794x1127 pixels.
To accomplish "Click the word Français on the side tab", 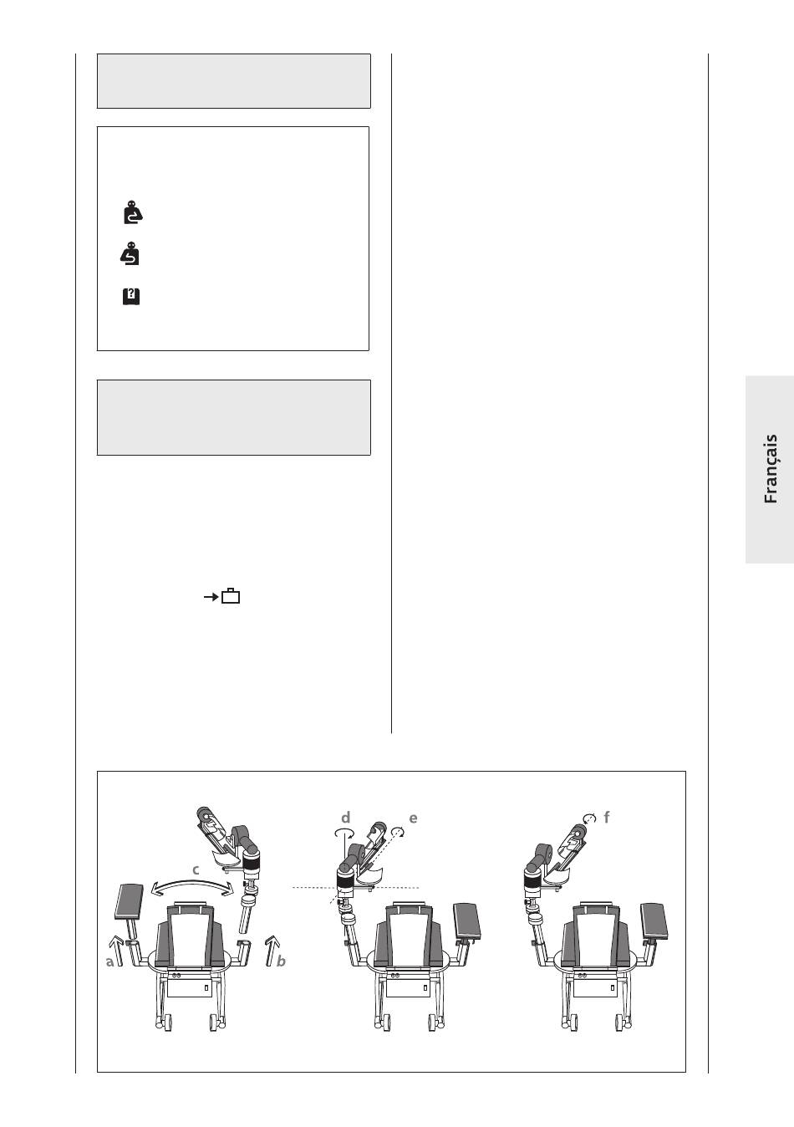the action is [x=771, y=469].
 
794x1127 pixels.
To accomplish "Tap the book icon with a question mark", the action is [x=130, y=296].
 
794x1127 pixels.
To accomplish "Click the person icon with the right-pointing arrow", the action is [x=133, y=212].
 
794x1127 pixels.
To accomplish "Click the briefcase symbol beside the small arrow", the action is [x=232, y=596].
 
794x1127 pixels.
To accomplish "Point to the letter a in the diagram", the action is [x=109, y=962].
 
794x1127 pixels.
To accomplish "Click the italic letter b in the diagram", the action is [x=281, y=961].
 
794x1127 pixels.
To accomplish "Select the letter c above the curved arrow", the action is [x=196, y=869].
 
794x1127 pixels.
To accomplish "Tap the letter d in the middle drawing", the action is [x=345, y=817].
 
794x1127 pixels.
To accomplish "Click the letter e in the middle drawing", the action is [x=413, y=818].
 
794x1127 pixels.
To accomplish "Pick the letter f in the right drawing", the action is [x=607, y=817].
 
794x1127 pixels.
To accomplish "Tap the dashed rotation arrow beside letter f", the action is [x=589, y=818].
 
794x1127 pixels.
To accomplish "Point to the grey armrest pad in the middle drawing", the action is [x=466, y=921].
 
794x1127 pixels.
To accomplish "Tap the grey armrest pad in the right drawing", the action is [x=654, y=921].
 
